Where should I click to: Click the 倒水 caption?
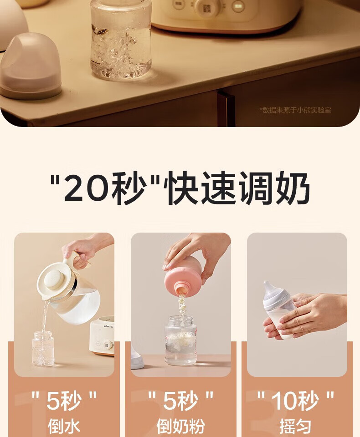64,427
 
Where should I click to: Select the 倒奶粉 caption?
180,427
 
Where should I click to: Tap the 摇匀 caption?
295,427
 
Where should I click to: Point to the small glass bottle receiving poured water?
43,348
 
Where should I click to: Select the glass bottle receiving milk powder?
181,340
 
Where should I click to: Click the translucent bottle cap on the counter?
30,66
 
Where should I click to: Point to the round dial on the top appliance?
207,7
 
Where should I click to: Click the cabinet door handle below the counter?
226,107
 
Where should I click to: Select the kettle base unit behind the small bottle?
102,337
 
